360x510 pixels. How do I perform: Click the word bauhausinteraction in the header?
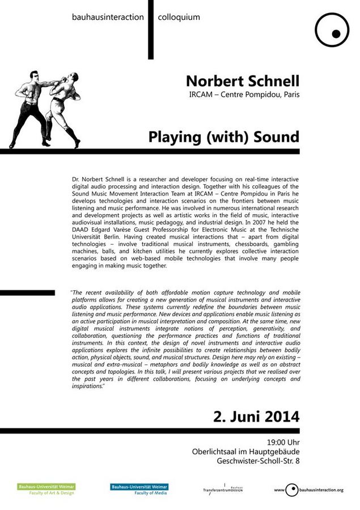coord(108,17)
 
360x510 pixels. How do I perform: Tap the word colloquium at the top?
coord(179,17)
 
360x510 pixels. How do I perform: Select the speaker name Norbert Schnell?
coord(242,80)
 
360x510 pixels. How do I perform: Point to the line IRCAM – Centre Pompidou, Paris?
coord(244,95)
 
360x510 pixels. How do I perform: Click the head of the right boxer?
coord(72,78)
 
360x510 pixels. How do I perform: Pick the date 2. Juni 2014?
coord(256,417)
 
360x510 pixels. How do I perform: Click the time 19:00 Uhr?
coord(283,441)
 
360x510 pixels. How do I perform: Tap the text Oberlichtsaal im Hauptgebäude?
coord(245,451)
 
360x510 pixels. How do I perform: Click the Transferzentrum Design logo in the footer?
coord(223,489)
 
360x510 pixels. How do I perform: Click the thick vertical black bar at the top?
coord(151,29)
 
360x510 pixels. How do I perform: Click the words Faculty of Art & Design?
coord(52,493)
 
